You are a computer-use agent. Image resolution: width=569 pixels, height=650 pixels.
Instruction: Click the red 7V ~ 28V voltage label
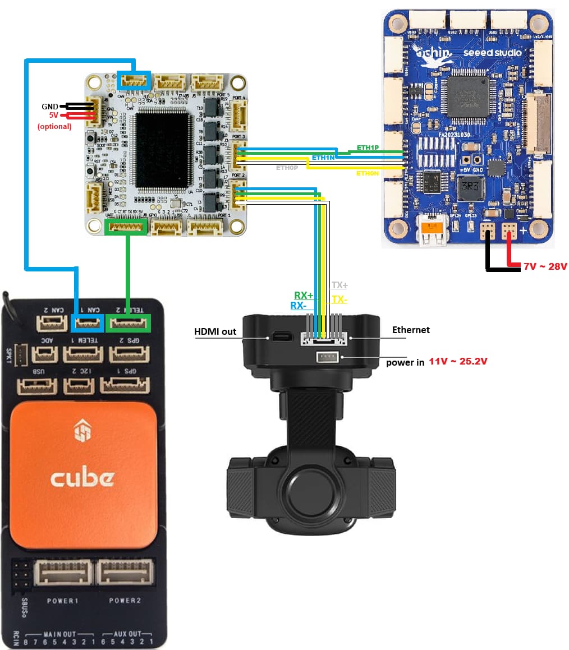(x=545, y=266)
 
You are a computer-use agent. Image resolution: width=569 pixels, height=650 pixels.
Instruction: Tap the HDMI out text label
(x=215, y=331)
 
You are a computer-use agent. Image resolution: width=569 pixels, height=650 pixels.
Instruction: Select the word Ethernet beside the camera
(x=411, y=330)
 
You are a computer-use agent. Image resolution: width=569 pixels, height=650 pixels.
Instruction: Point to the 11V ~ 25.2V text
(x=458, y=362)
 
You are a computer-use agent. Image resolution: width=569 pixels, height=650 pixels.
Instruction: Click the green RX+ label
(x=304, y=296)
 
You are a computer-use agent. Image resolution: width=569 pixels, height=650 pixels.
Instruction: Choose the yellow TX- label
(x=339, y=299)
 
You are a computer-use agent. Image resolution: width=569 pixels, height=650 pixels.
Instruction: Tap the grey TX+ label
(x=339, y=285)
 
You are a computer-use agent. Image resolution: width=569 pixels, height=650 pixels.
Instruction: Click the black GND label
(x=49, y=107)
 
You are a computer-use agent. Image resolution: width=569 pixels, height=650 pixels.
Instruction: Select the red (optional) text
(x=54, y=126)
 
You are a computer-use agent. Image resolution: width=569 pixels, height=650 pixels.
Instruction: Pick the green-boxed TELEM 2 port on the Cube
(x=129, y=323)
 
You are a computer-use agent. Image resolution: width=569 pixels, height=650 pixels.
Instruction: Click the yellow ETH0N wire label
(x=368, y=174)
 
